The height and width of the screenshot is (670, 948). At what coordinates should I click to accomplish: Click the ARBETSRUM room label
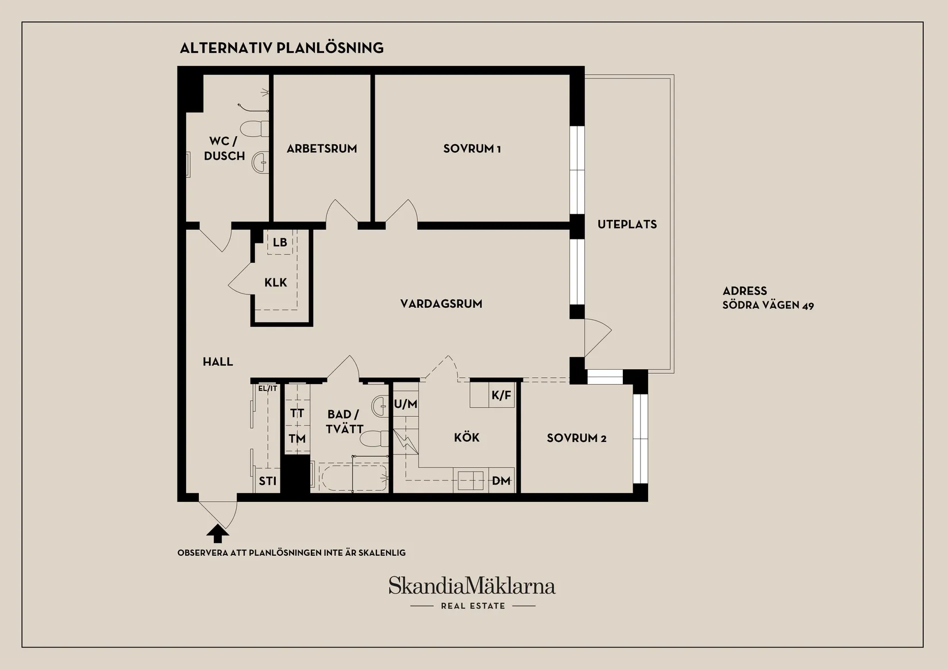pyautogui.click(x=322, y=149)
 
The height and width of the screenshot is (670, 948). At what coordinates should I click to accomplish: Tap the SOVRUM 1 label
pyautogui.click(x=472, y=149)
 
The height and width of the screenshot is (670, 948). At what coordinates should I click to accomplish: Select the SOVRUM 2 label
pyautogui.click(x=576, y=438)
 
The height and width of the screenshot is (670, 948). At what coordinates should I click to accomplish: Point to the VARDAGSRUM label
pyautogui.click(x=441, y=304)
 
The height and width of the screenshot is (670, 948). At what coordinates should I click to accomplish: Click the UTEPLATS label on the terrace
pyautogui.click(x=627, y=224)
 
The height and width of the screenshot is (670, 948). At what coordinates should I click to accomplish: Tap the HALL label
pyautogui.click(x=218, y=362)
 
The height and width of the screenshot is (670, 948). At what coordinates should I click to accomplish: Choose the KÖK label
pyautogui.click(x=467, y=437)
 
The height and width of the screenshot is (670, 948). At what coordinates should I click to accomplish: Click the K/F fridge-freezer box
pyautogui.click(x=501, y=395)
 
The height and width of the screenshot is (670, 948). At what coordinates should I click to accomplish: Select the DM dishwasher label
pyautogui.click(x=501, y=481)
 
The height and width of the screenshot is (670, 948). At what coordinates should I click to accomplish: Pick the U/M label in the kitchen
pyautogui.click(x=406, y=404)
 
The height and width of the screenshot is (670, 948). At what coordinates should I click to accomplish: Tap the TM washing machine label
pyautogui.click(x=297, y=439)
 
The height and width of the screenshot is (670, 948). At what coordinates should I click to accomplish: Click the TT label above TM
pyautogui.click(x=297, y=413)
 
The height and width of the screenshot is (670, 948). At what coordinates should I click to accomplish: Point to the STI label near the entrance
pyautogui.click(x=268, y=481)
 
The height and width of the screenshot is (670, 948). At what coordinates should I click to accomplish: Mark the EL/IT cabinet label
pyautogui.click(x=268, y=389)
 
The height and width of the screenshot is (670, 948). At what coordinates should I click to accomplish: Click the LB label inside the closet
pyautogui.click(x=280, y=242)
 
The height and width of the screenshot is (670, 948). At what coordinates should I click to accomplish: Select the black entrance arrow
pyautogui.click(x=218, y=534)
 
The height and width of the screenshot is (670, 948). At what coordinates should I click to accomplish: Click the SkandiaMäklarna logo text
pyautogui.click(x=472, y=586)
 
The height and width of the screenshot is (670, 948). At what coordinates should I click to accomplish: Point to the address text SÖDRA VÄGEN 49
pyautogui.click(x=768, y=305)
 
